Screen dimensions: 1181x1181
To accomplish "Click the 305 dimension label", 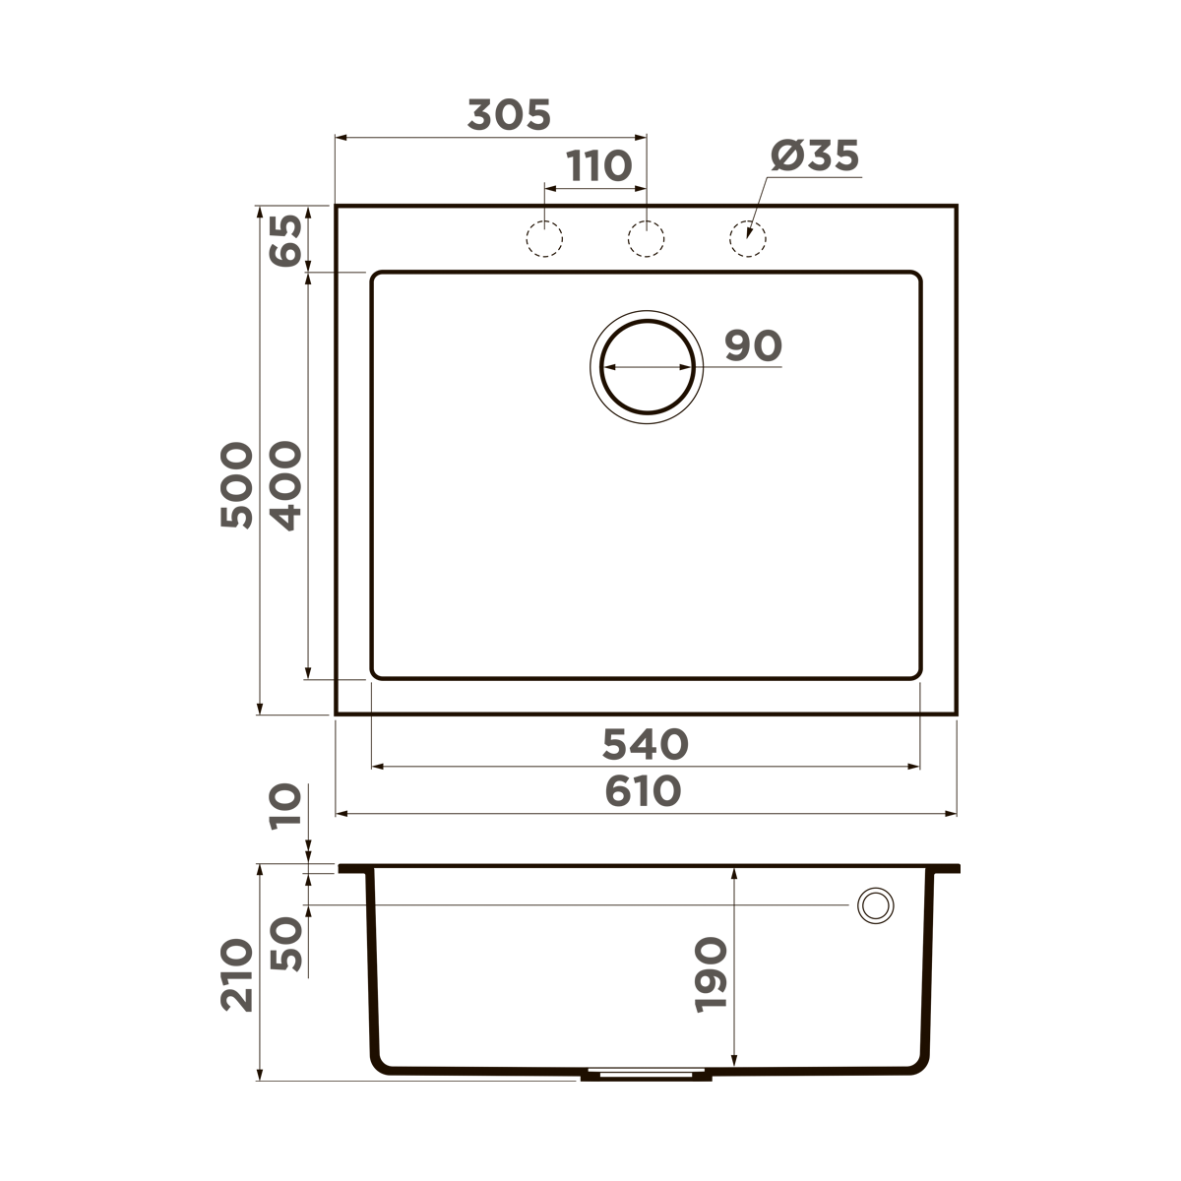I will pyautogui.click(x=509, y=115).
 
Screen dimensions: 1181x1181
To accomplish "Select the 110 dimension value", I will pyautogui.click(x=599, y=166).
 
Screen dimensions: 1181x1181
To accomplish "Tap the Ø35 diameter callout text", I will pyautogui.click(x=815, y=156).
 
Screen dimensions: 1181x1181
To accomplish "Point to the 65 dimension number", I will pyautogui.click(x=286, y=239).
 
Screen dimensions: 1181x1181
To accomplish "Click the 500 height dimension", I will pyautogui.click(x=237, y=485).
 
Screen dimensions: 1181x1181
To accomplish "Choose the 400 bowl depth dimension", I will pyautogui.click(x=286, y=485).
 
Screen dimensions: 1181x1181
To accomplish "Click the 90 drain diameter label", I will pyautogui.click(x=753, y=345).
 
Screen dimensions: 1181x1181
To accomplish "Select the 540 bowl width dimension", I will pyautogui.click(x=645, y=745).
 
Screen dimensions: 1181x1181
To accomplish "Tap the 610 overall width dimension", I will pyautogui.click(x=645, y=791).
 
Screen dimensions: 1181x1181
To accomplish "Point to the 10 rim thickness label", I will pyautogui.click(x=286, y=807).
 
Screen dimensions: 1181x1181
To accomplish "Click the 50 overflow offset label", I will pyautogui.click(x=286, y=944).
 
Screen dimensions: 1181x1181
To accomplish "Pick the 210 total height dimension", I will pyautogui.click(x=237, y=974).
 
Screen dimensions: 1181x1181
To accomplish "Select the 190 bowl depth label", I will pyautogui.click(x=711, y=974).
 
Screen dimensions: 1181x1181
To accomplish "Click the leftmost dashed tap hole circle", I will pyautogui.click(x=544, y=238).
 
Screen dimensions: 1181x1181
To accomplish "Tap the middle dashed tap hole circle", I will pyautogui.click(x=646, y=238).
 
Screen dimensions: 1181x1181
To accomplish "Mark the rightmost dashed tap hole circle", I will pyautogui.click(x=747, y=238).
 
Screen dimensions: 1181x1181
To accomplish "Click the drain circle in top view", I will pyautogui.click(x=648, y=366).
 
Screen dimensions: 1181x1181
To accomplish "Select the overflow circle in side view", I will pyautogui.click(x=874, y=904).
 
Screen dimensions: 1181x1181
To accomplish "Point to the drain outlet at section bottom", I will pyautogui.click(x=646, y=1076).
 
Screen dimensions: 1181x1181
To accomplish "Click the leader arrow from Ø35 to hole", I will pyautogui.click(x=758, y=209).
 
